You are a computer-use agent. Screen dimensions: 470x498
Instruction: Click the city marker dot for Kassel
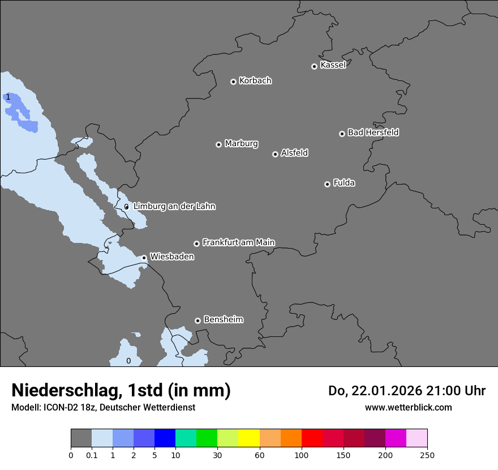314,66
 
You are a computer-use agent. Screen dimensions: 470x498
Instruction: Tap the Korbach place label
255,80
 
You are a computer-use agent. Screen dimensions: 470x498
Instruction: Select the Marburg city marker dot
218,144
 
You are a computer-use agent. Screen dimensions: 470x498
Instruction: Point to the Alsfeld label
294,153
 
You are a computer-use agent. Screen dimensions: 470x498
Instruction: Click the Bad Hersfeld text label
373,133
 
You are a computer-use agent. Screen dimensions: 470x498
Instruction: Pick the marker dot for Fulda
327,184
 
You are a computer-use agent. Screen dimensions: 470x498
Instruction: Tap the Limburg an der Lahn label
174,206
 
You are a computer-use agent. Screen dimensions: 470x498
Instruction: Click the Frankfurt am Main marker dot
196,243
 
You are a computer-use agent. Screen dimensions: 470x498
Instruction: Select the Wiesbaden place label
171,257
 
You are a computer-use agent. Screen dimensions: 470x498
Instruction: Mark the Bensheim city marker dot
198,321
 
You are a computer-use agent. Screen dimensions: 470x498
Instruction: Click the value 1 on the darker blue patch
8,97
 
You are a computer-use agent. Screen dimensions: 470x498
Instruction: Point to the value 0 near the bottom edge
128,361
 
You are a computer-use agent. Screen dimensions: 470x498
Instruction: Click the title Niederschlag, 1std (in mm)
121,391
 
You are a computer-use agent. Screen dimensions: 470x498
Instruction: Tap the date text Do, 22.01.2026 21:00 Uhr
406,391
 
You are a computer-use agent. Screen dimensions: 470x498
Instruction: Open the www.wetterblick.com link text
408,407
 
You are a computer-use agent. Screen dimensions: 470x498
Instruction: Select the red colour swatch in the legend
312,438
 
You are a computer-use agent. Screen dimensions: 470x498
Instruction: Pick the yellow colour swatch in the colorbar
249,438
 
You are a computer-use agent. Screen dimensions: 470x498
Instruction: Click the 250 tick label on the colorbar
427,455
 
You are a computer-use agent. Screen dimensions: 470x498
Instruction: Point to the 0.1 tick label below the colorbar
92,455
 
